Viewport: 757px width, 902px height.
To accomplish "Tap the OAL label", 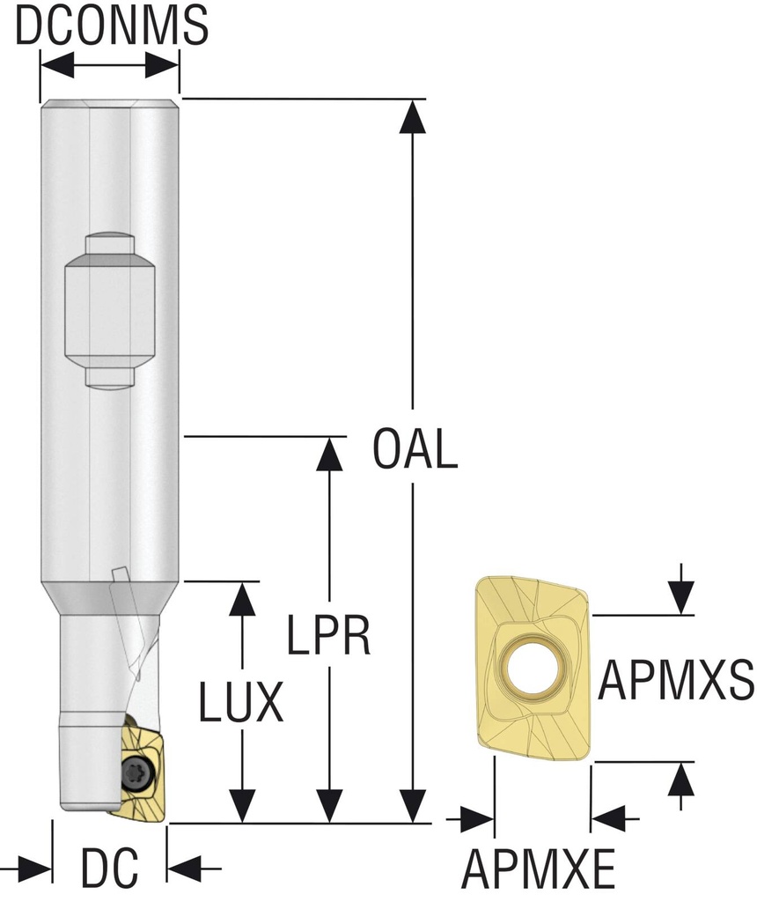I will click(415, 449).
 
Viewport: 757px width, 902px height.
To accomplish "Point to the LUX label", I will click(240, 703).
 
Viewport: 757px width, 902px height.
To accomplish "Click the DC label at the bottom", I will click(110, 869).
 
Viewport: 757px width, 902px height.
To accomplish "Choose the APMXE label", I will click(539, 869).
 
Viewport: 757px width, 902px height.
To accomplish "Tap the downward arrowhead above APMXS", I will click(681, 599).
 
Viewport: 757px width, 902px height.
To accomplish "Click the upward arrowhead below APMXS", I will click(681, 777).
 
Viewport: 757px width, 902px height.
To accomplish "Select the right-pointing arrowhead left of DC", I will click(35, 868).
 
